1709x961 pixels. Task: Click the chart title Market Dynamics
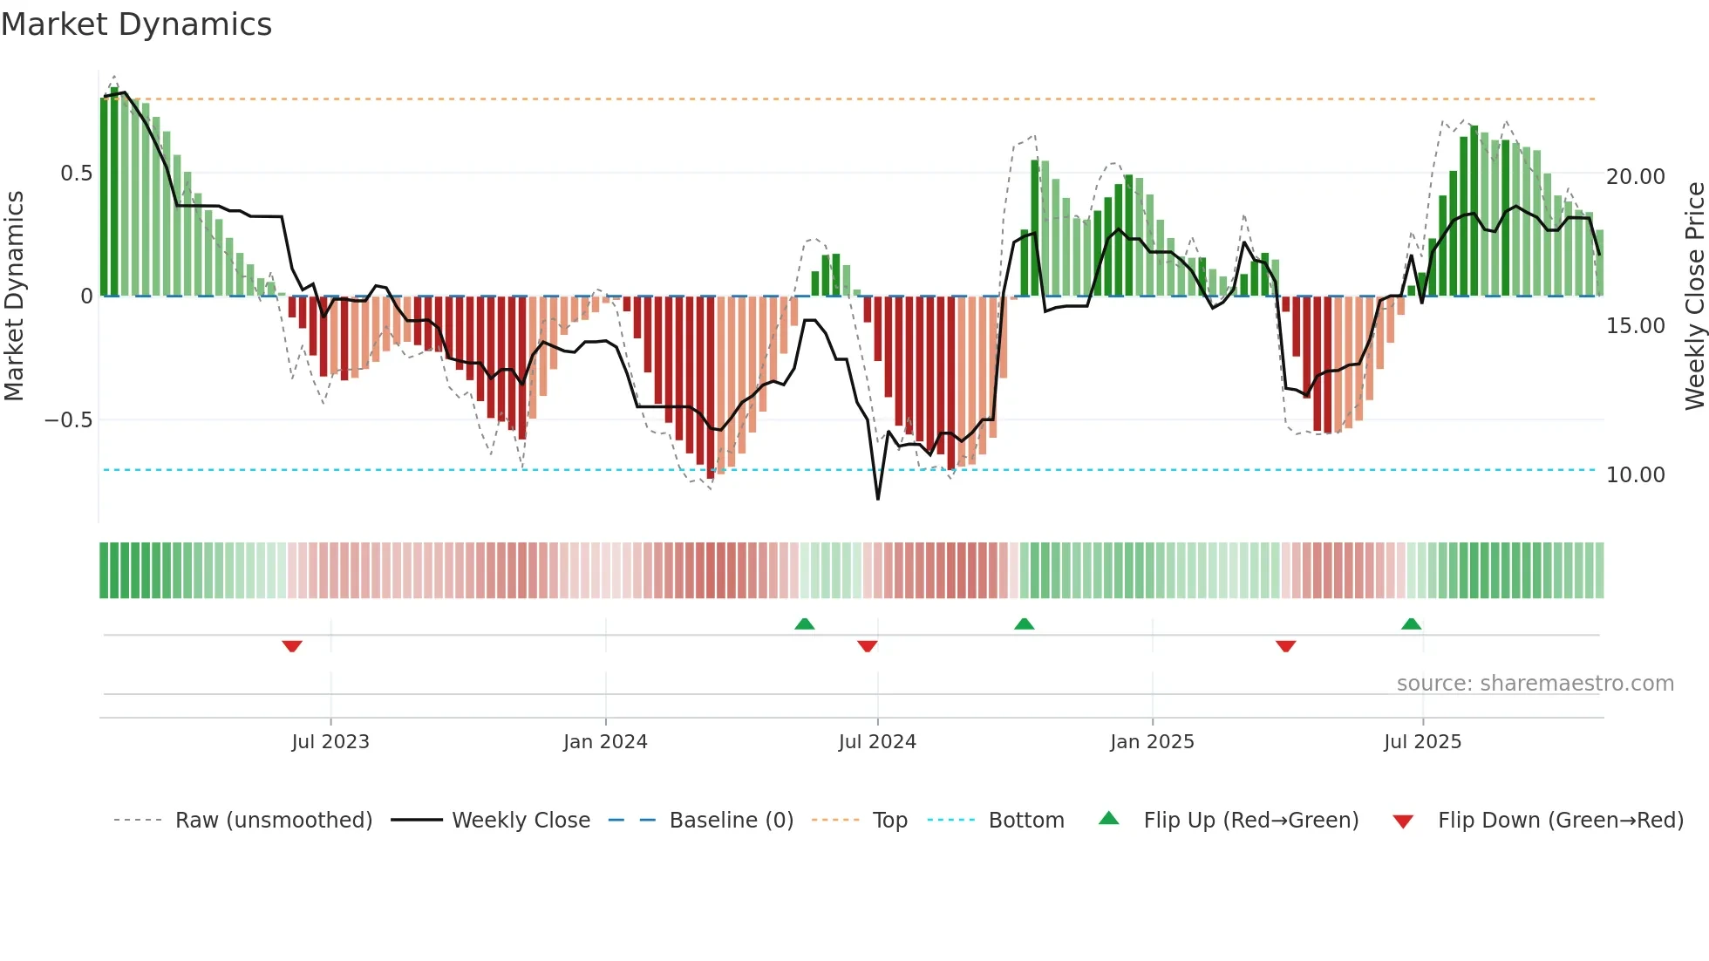tap(137, 24)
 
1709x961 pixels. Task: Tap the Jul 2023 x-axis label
tap(330, 742)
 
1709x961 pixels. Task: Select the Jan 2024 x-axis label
tap(605, 742)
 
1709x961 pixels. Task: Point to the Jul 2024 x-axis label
tap(877, 742)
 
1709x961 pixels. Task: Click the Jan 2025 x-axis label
tap(1152, 742)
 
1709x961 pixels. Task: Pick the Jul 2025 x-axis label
tap(1422, 742)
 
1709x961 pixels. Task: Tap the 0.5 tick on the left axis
tap(76, 174)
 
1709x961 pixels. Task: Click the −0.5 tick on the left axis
tap(68, 420)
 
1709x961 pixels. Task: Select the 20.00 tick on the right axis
tap(1635, 177)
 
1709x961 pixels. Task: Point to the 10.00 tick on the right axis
tap(1635, 475)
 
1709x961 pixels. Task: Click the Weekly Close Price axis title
tap(1694, 296)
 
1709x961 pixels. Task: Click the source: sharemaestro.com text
tap(1535, 684)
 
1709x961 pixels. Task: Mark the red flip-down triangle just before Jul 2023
tap(292, 646)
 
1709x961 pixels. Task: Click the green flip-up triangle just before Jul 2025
tap(1411, 624)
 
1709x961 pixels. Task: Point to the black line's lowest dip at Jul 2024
tap(877, 498)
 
